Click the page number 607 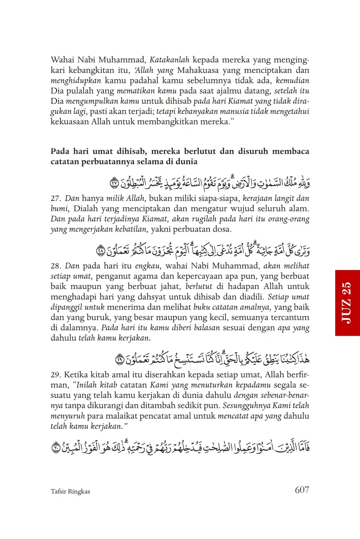[302, 490]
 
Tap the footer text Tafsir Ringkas [70, 491]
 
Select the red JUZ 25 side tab [347, 303]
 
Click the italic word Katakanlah [169, 60]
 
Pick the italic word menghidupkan [76, 81]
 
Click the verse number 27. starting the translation [56, 199]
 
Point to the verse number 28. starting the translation [56, 266]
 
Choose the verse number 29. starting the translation [56, 375]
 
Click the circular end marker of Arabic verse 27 [115, 183]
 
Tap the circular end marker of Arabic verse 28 [101, 251]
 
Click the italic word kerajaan [258, 198]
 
